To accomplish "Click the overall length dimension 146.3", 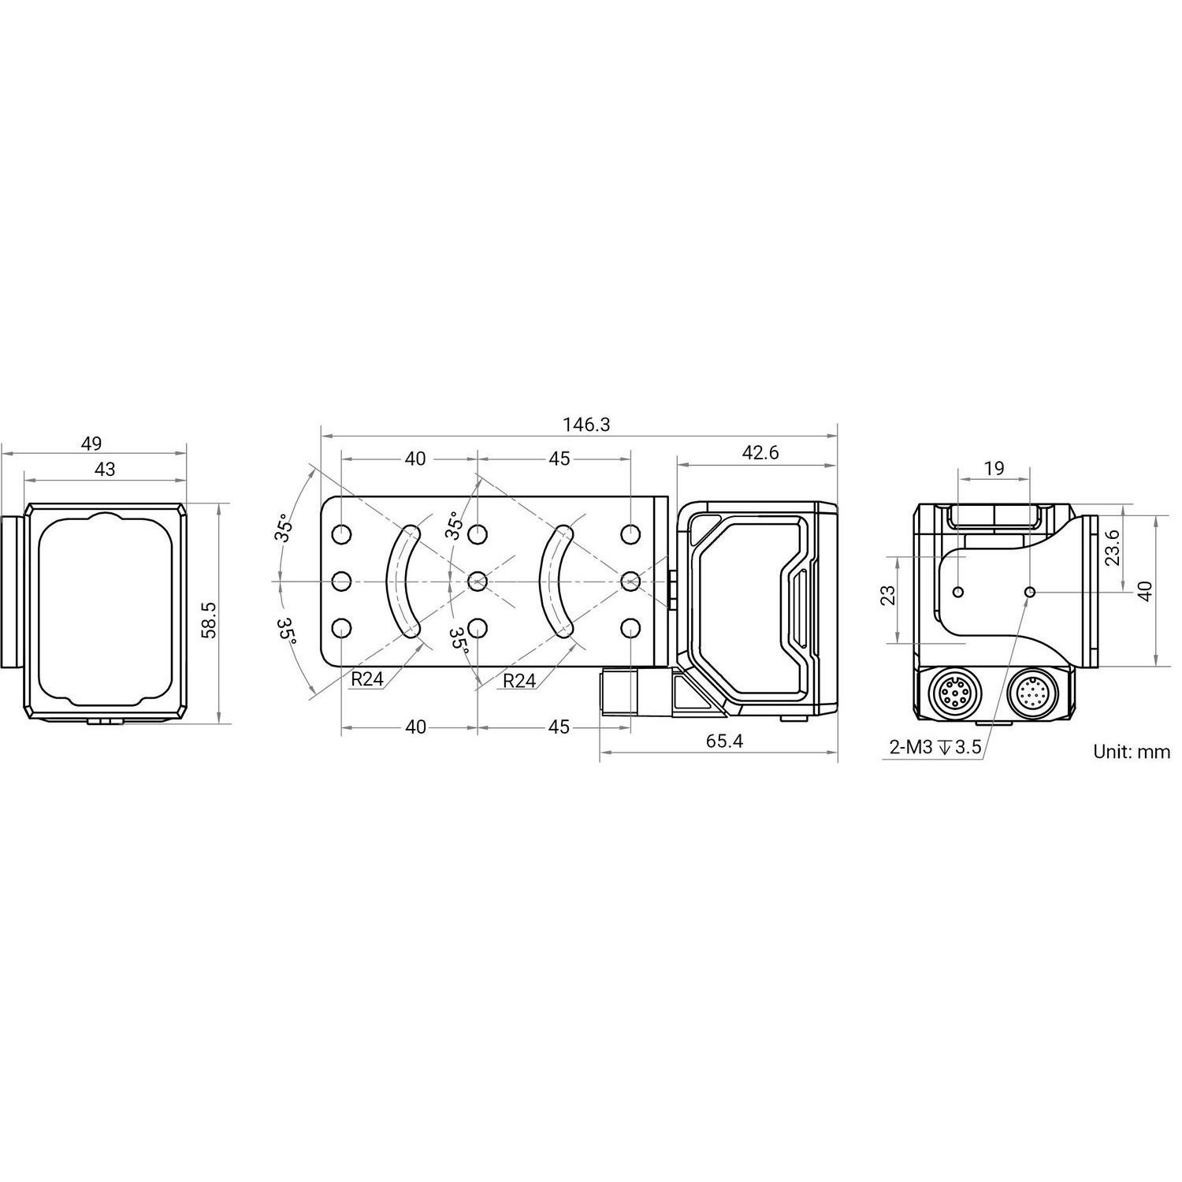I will coord(586,425).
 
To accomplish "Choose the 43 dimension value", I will coord(104,469).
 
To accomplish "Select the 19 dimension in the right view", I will coord(994,468).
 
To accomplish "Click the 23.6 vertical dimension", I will coord(1111,548).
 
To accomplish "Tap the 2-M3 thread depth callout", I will coord(935,748).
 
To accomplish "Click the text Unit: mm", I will coord(1132,752).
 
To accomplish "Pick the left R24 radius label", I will coord(367,679).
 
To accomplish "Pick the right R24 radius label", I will coord(519,681).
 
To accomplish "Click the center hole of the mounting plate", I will coord(478,582).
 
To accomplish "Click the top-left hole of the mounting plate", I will coord(342,535).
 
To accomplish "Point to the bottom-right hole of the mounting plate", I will coord(630,628).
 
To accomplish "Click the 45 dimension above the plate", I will coord(558,459).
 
